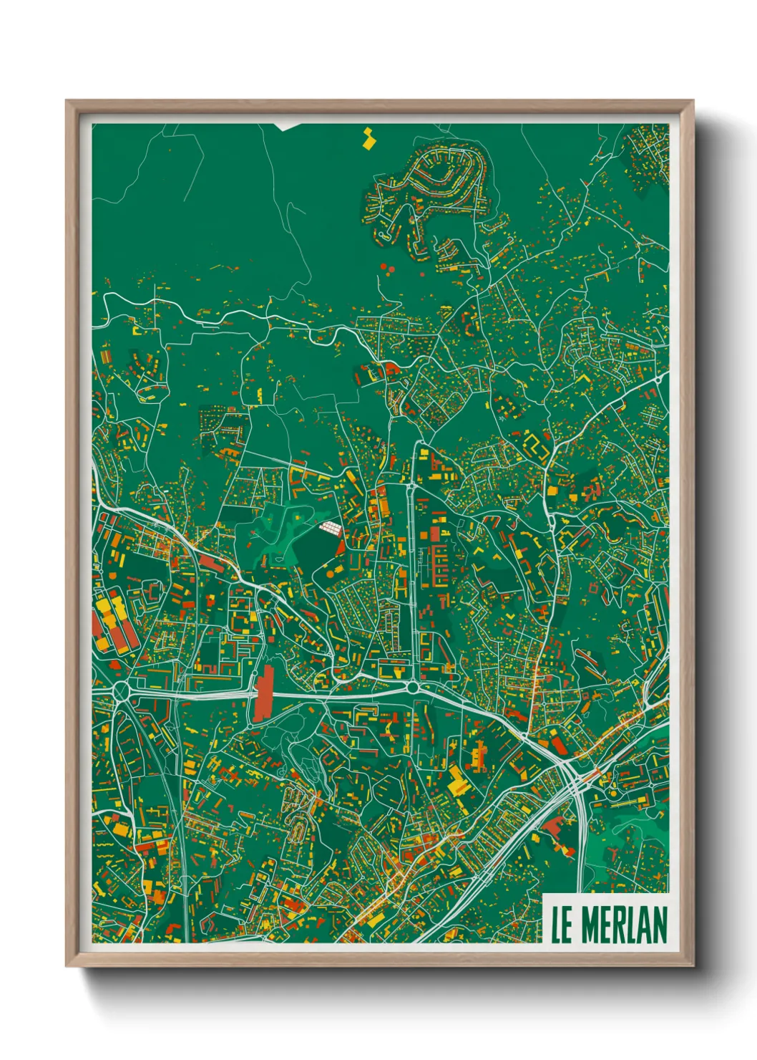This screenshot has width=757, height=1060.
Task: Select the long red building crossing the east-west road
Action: [x=264, y=693]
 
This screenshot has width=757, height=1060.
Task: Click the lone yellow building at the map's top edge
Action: [x=369, y=138]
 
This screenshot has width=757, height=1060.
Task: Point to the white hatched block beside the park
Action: [x=330, y=528]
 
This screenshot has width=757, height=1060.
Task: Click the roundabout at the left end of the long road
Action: [x=121, y=691]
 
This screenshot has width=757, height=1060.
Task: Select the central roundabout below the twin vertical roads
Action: [x=414, y=687]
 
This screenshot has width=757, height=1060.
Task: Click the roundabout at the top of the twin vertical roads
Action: [x=412, y=486]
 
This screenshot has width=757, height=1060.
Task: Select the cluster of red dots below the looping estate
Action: [x=386, y=269]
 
